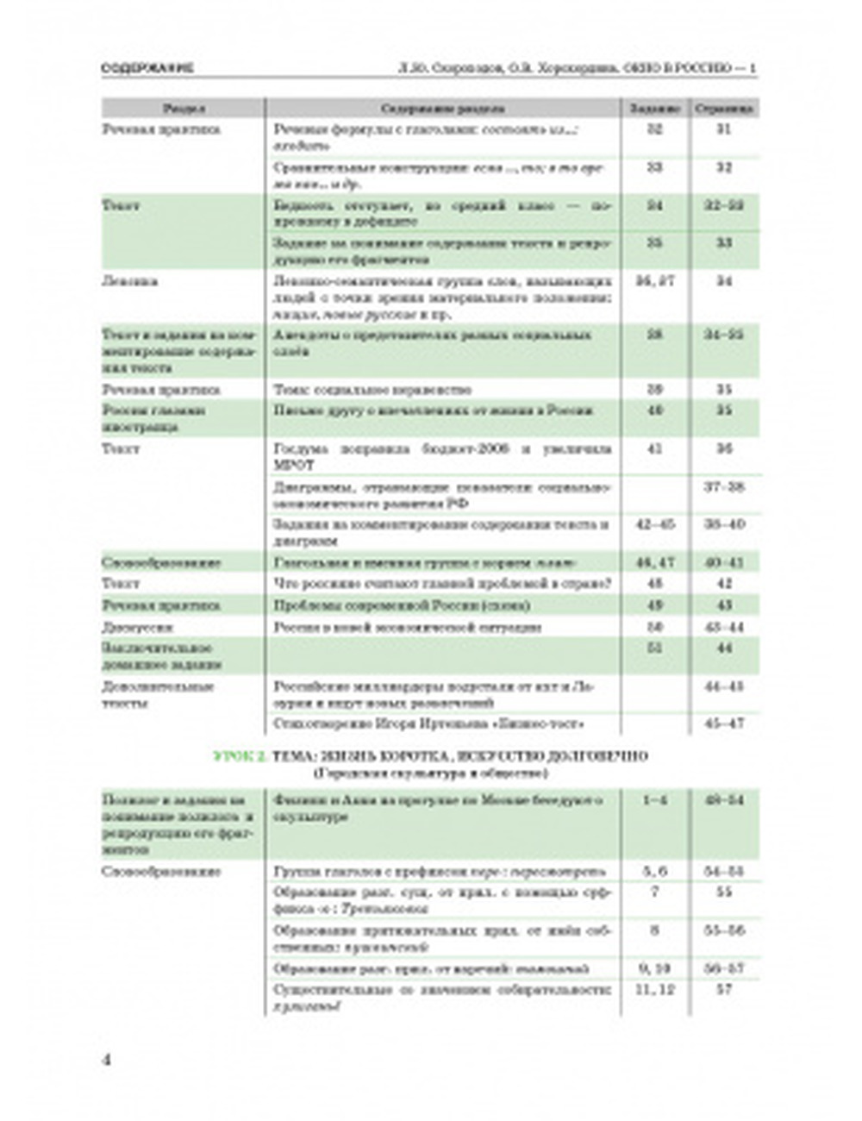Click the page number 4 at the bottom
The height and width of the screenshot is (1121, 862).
[x=107, y=1060]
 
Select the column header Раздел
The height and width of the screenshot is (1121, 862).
[x=184, y=109]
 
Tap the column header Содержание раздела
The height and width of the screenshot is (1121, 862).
[x=443, y=109]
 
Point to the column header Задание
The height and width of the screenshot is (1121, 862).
[x=655, y=109]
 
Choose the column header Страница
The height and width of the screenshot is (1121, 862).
[x=724, y=109]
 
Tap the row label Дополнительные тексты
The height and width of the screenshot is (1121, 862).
[x=158, y=695]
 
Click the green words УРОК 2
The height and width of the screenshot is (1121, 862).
[x=240, y=756]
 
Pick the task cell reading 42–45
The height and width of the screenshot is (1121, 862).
[x=655, y=524]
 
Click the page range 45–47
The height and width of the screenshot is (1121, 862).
[x=724, y=723]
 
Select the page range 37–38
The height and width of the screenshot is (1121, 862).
[x=724, y=487]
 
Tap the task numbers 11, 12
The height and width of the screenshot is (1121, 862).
[x=655, y=990]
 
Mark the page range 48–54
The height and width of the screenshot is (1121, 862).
[x=724, y=800]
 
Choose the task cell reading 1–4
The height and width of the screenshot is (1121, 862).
[x=655, y=800]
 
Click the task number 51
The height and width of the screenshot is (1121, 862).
[x=655, y=648]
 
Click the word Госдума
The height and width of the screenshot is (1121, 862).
[x=297, y=449]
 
